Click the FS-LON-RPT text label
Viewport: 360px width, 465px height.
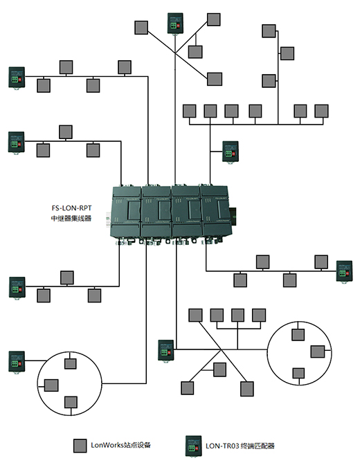(71, 208)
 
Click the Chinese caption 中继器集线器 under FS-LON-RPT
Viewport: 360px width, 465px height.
(71, 218)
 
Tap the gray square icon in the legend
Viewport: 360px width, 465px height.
(80, 446)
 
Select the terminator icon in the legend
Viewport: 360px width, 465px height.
(193, 446)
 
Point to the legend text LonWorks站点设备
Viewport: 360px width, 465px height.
(120, 445)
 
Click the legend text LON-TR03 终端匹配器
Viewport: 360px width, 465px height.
(240, 446)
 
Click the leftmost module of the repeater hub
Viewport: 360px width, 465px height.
(125, 212)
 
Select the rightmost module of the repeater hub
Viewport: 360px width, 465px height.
(216, 212)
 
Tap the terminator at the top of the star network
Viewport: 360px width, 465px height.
(175, 23)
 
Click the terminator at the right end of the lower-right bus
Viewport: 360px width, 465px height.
(344, 271)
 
